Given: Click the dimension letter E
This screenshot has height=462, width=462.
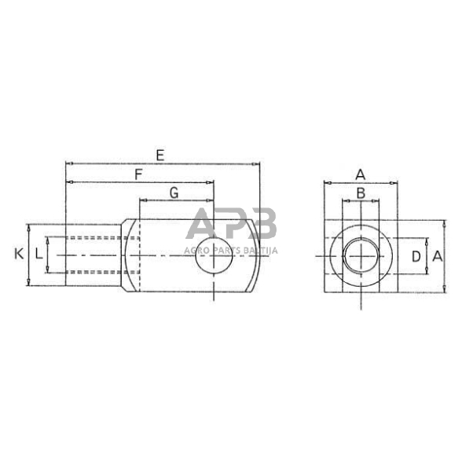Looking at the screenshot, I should click(x=159, y=156).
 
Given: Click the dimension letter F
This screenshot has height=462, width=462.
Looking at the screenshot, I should click(x=138, y=174).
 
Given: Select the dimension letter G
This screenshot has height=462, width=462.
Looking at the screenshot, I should click(x=174, y=192).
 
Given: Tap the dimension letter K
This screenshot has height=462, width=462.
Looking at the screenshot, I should click(x=19, y=254).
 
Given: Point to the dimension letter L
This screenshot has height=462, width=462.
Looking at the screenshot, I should click(x=38, y=255).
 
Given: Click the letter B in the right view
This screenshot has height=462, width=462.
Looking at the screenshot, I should click(x=360, y=192).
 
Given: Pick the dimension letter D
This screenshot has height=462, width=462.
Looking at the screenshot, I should click(x=416, y=255).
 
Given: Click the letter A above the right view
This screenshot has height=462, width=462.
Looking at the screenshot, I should click(x=360, y=174).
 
